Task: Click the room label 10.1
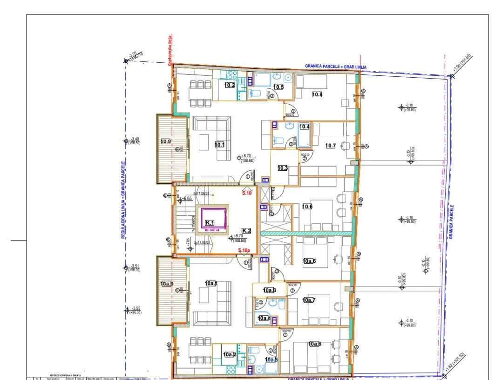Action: [x=219, y=145]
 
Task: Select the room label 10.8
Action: [x=317, y=94]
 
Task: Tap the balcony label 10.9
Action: [x=166, y=141]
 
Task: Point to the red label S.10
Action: [x=247, y=193]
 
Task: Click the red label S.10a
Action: [x=245, y=251]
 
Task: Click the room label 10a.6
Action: [x=309, y=261]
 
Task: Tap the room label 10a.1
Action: [x=211, y=283]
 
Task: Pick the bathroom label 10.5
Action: [x=278, y=87]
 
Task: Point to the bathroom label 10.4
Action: [x=304, y=127]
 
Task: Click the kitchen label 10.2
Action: [x=229, y=85]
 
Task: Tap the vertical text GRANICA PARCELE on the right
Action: [x=451, y=222]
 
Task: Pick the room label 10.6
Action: [x=307, y=207]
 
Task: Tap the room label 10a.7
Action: [x=308, y=300]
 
